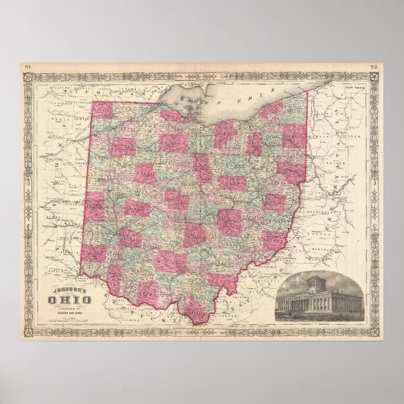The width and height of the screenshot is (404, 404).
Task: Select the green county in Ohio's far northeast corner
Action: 294,111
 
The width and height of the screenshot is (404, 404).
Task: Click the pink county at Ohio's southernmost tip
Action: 197,309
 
